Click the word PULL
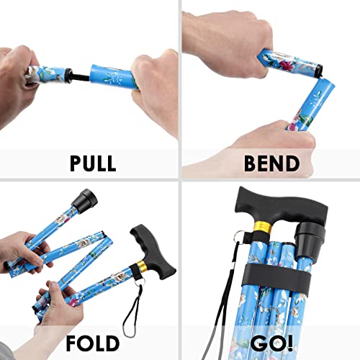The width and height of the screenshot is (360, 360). [93, 163]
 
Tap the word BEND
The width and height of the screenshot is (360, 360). [270, 163]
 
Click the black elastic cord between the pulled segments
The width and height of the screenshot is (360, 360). [81, 73]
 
